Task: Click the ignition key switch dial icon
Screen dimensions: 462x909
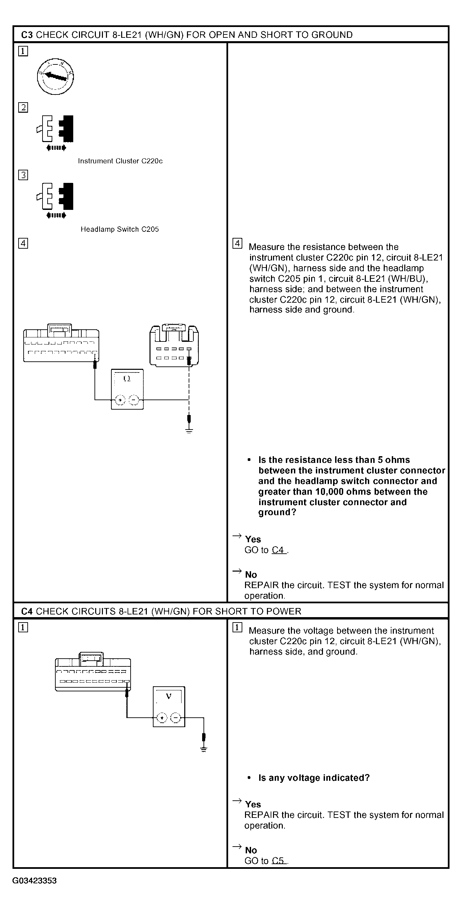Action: coord(55,77)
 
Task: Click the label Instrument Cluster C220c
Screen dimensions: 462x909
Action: coord(120,161)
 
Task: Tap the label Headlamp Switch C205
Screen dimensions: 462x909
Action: coord(120,229)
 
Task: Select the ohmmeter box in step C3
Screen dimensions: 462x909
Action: coord(128,389)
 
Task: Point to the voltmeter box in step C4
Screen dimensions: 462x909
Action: coord(169,707)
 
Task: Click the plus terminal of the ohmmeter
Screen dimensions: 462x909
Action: coord(120,400)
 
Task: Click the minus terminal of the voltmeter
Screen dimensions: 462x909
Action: coord(175,718)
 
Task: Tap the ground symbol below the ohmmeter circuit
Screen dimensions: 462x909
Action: coord(189,430)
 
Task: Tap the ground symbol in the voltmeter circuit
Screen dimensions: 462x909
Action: coord(203,749)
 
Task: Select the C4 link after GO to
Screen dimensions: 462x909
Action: coord(278,550)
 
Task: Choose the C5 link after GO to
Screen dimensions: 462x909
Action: coord(278,861)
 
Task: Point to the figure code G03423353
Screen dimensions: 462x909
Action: coord(34,881)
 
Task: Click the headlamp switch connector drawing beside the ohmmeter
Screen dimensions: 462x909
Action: coord(174,346)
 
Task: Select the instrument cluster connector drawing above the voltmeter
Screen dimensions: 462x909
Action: coord(93,671)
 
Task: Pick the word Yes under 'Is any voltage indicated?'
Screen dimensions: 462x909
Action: coord(253,804)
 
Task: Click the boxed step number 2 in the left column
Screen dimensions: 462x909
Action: coord(23,108)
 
